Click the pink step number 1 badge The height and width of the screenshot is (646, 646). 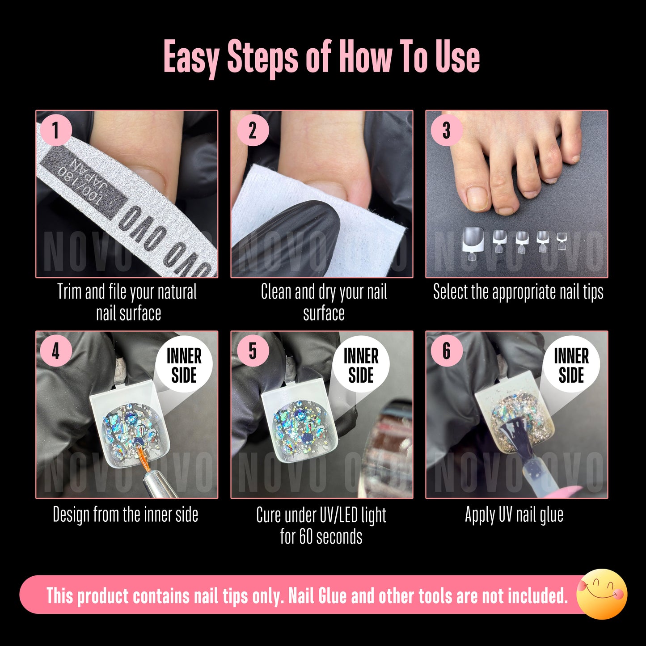[56, 131]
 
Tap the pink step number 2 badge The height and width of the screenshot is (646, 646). [253, 131]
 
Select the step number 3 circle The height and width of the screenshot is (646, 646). [446, 131]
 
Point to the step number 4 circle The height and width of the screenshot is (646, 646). [56, 351]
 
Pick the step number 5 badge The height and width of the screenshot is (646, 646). [253, 351]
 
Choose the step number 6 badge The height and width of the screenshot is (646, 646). [446, 351]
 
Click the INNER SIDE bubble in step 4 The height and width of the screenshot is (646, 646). [184, 365]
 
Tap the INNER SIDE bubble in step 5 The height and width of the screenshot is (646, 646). [361, 365]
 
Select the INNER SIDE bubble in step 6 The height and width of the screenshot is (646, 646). [571, 365]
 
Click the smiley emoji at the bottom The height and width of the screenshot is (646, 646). [602, 594]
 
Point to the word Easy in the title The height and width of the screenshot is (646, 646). [191, 57]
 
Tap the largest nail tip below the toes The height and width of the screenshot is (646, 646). [473, 238]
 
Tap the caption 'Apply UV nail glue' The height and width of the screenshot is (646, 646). [514, 515]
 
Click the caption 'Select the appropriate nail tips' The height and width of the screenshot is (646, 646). [518, 292]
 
